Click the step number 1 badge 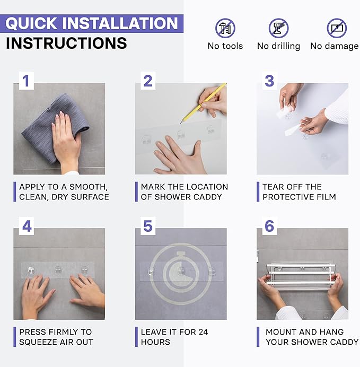[x=26, y=81]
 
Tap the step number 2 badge [x=148, y=81]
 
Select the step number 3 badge [x=269, y=81]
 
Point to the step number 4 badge [x=26, y=226]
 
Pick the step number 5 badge [x=148, y=226]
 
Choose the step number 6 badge [x=269, y=226]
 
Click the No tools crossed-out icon [x=225, y=28]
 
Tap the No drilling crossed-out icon [x=278, y=28]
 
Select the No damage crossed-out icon [x=337, y=28]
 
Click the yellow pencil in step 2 [x=203, y=103]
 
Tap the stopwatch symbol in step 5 [x=181, y=274]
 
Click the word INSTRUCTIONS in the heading [x=66, y=43]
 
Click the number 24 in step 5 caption [x=203, y=332]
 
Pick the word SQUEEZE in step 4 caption [x=36, y=342]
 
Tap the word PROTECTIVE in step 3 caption [x=288, y=197]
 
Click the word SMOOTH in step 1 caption [x=89, y=187]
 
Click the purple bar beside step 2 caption [x=136, y=191]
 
